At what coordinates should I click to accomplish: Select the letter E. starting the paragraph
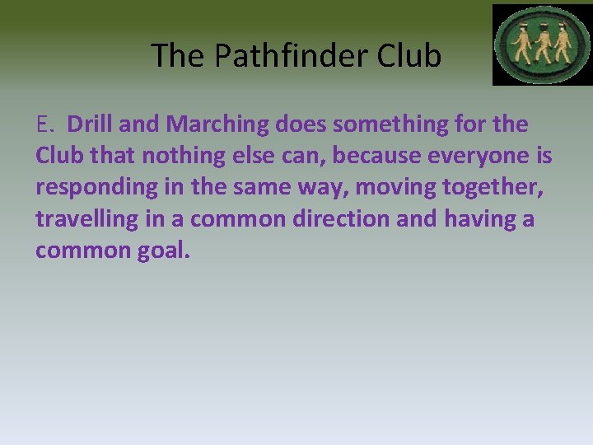[45, 124]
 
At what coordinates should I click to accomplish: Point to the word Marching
[217, 125]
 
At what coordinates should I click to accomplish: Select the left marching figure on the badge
[521, 45]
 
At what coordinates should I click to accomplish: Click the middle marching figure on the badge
[542, 45]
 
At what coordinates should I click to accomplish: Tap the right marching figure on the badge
[563, 45]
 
